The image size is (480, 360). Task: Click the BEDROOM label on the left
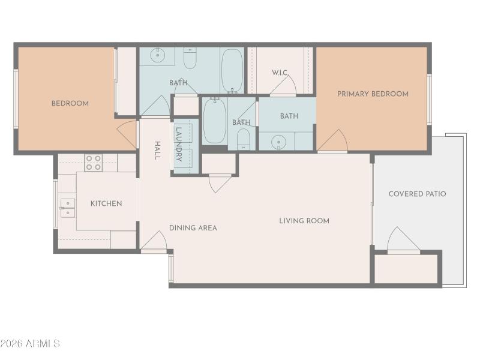pyautogui.click(x=70, y=103)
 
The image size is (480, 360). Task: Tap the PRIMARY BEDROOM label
pyautogui.click(x=373, y=94)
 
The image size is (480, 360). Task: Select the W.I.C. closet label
pyautogui.click(x=280, y=73)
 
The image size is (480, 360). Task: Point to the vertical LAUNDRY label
pyautogui.click(x=179, y=143)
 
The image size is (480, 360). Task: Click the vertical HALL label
pyautogui.click(x=157, y=150)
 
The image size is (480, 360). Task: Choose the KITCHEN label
pyautogui.click(x=106, y=203)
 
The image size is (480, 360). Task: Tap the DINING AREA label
pyautogui.click(x=193, y=227)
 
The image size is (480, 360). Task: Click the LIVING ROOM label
pyautogui.click(x=304, y=221)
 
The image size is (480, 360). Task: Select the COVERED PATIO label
pyautogui.click(x=417, y=194)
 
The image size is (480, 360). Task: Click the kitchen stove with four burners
pyautogui.click(x=94, y=163)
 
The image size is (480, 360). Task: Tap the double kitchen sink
pyautogui.click(x=68, y=208)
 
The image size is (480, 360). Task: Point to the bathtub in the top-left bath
pyautogui.click(x=232, y=71)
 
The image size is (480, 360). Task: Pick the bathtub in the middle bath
pyautogui.click(x=214, y=121)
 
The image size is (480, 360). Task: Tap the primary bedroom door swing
pyautogui.click(x=334, y=141)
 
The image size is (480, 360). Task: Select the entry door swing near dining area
pyautogui.click(x=155, y=241)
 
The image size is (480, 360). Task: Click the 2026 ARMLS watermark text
pyautogui.click(x=30, y=344)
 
